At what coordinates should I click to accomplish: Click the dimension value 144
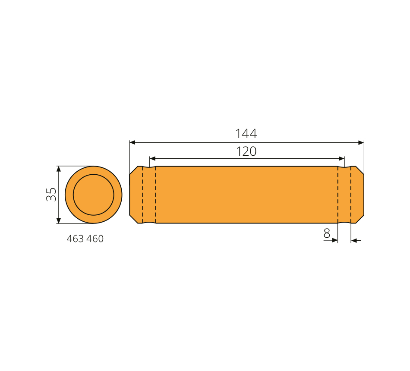(x=246, y=134)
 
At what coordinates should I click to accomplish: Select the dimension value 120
(x=246, y=151)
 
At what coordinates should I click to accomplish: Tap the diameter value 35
(x=51, y=194)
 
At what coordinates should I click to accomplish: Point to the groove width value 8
(x=327, y=233)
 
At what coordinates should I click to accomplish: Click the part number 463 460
(x=85, y=239)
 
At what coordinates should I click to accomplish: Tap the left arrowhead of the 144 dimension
(x=132, y=142)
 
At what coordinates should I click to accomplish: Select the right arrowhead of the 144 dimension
(x=361, y=142)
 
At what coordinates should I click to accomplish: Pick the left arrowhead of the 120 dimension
(x=152, y=158)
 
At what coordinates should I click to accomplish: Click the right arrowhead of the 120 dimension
(x=341, y=158)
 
